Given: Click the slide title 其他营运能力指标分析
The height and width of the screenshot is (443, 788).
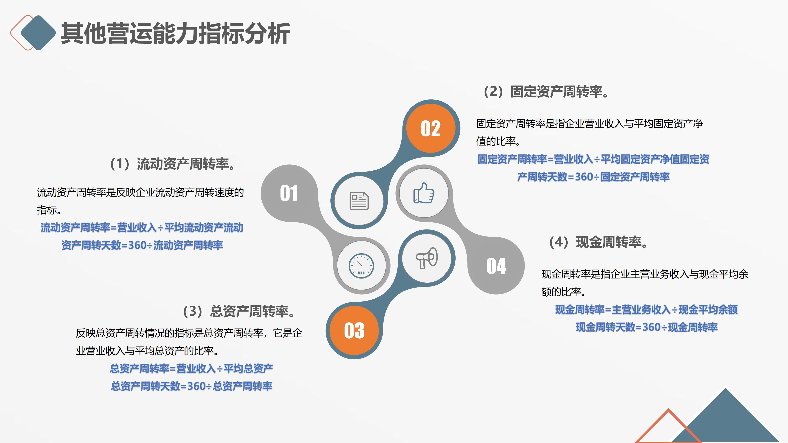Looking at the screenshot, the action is [x=175, y=34].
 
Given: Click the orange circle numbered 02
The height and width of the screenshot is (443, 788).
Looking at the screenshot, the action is [x=431, y=128].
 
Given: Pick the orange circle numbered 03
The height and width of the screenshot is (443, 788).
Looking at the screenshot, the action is [x=354, y=330].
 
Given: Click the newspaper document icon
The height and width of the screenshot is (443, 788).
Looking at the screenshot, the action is [x=359, y=201].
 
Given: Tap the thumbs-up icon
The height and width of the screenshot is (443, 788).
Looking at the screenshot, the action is [x=424, y=193].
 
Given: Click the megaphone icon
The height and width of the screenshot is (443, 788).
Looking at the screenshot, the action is [x=427, y=258].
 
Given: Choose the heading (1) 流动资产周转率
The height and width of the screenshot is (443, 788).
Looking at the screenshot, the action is [x=173, y=164].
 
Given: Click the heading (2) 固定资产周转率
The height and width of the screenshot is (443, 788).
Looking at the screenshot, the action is [x=546, y=91].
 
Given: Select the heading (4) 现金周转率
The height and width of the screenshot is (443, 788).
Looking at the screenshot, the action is [x=598, y=242].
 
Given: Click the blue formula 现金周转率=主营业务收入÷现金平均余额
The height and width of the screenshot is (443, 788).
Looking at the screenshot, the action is [x=646, y=310].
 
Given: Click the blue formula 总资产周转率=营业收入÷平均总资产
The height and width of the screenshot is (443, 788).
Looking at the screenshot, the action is [x=191, y=368].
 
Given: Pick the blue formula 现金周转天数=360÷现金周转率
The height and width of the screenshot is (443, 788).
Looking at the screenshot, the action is [x=646, y=327].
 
